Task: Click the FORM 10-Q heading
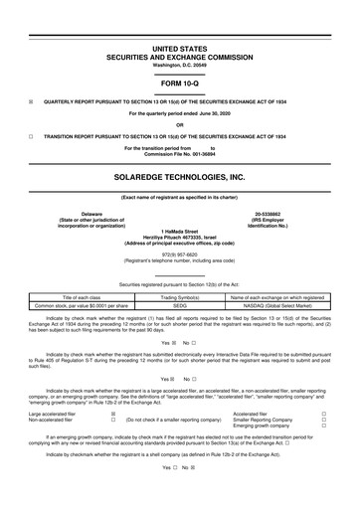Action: tap(179, 84)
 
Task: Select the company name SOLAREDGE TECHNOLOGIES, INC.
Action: tap(179, 177)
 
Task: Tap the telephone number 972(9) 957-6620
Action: tap(179, 253)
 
